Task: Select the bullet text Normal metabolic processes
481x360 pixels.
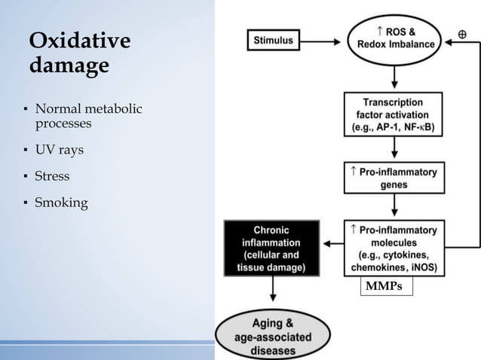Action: coord(87,116)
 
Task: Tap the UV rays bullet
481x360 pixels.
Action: coord(59,150)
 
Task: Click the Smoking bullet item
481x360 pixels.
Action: coord(61,203)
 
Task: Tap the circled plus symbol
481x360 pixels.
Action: coord(461,35)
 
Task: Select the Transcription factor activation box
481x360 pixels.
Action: coord(393,114)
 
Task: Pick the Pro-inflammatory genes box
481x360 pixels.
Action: coord(393,178)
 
